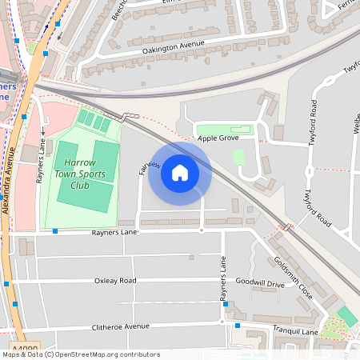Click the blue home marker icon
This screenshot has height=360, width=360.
[x=180, y=172]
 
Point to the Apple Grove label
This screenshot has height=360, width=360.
[x=218, y=138]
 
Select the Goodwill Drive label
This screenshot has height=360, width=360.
[x=261, y=283]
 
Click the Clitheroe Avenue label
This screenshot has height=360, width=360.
[x=122, y=326]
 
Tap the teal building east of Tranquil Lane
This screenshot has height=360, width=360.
[x=347, y=315]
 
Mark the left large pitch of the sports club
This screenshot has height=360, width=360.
[x=67, y=163]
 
